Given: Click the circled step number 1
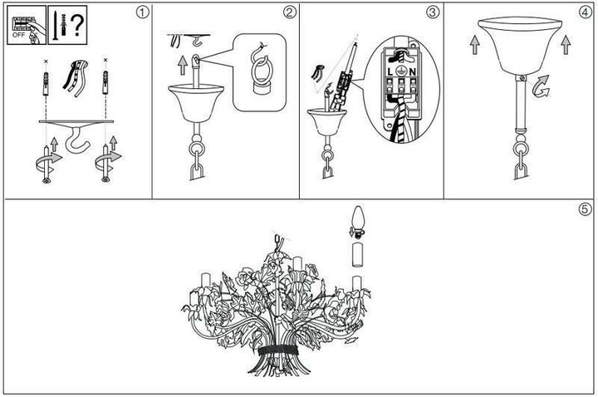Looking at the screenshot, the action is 142,12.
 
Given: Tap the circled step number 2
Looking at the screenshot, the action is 290,12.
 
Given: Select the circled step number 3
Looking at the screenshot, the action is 432,12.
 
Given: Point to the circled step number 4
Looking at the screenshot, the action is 586,12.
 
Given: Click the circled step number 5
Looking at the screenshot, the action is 586,209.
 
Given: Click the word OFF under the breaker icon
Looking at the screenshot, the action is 18,35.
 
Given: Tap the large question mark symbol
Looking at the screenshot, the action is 77,25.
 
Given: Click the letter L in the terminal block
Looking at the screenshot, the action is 390,71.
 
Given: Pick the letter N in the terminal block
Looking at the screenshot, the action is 413,71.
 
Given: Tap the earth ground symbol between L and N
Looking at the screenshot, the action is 400,71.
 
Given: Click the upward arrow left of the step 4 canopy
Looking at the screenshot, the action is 474,45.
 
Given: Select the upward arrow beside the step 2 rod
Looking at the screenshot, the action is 183,66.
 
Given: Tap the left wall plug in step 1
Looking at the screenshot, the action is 46,83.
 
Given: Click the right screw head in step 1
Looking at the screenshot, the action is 105,179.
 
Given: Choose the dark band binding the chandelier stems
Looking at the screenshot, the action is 278,350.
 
